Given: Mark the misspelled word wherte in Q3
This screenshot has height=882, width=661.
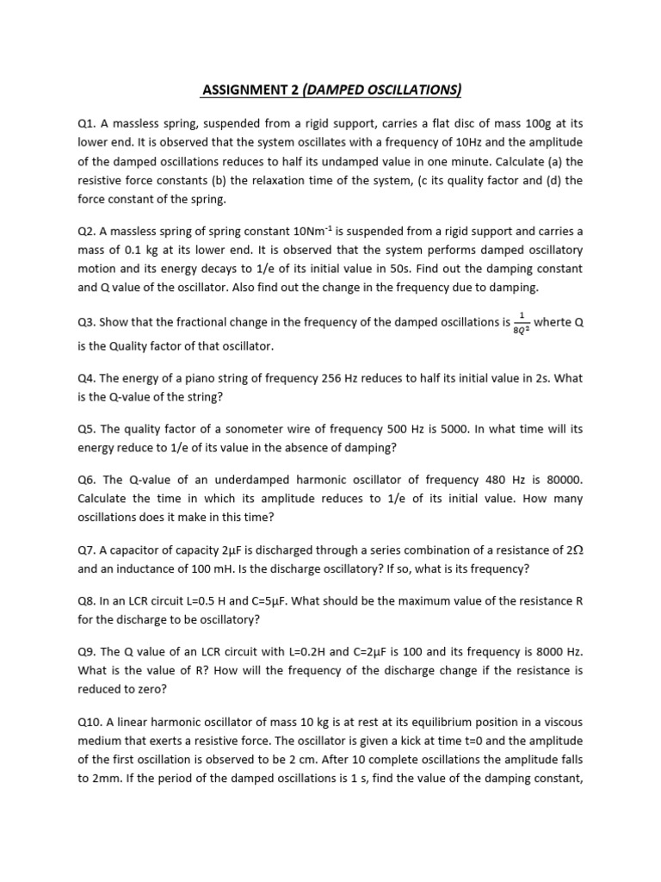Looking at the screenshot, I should tap(553, 323).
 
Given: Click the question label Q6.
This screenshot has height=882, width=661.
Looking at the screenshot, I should tap(87, 478).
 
